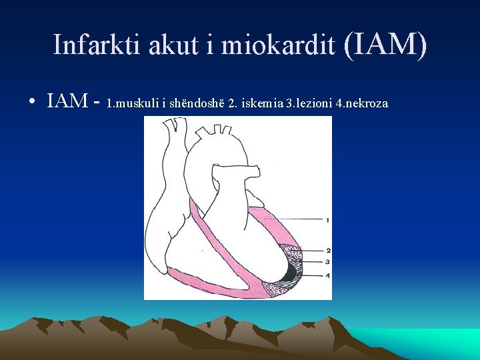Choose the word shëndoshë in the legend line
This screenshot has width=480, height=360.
[x=195, y=104]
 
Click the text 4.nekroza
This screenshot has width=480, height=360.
[x=363, y=104]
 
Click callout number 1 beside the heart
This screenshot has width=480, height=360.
[x=327, y=219]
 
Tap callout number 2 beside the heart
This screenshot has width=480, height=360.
[x=327, y=251]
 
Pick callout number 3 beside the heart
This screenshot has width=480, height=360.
[x=327, y=261]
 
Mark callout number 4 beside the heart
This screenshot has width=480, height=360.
[x=327, y=275]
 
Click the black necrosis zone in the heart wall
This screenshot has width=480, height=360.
[x=291, y=272]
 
